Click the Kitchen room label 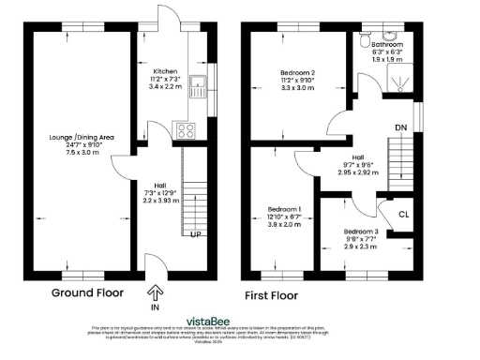[165, 71]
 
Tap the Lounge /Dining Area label [82, 137]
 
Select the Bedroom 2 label [297, 73]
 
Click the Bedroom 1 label [285, 208]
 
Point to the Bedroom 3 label [359, 231]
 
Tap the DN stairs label [401, 128]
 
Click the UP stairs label [195, 233]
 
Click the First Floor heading [271, 294]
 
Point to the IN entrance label [155, 307]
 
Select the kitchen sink [198, 87]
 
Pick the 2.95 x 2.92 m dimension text [359, 173]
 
